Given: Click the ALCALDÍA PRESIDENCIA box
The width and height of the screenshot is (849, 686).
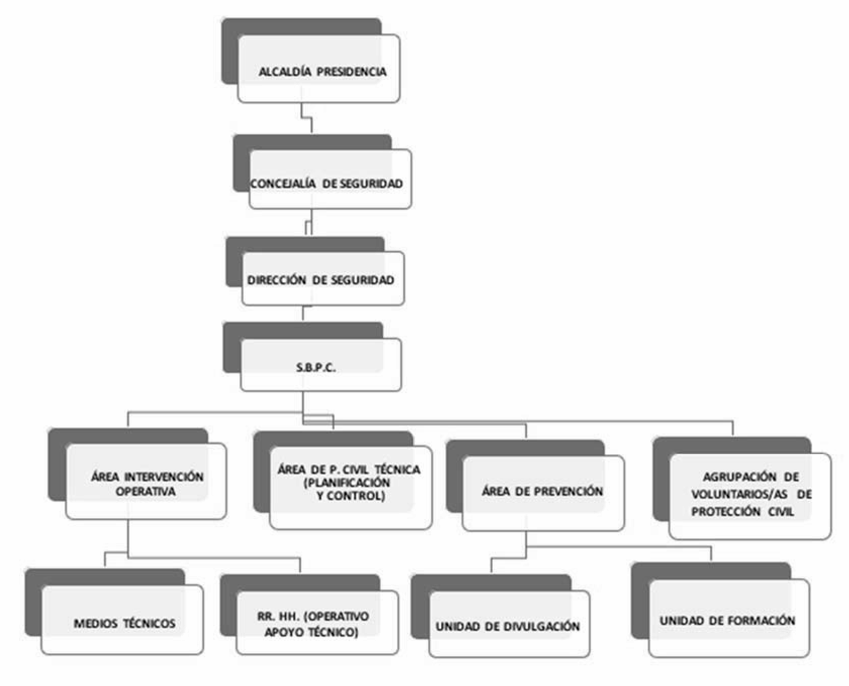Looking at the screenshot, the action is click(318, 68).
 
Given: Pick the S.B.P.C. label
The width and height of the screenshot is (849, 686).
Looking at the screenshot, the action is click(316, 368).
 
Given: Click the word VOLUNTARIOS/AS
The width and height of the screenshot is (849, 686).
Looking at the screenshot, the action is click(739, 494).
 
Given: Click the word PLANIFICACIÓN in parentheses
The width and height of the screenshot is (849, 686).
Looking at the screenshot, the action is click(347, 483).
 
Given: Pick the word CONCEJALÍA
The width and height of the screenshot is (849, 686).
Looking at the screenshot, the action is click(283, 183).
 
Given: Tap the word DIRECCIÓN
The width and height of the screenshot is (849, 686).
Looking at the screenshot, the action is click(276, 280).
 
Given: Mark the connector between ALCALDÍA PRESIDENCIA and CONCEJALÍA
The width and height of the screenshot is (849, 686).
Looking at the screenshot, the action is click(307, 118).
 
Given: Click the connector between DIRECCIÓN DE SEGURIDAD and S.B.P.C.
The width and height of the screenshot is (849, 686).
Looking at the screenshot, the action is click(303, 314).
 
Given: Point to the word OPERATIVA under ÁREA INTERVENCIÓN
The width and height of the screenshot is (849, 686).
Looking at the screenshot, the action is click(146, 491).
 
